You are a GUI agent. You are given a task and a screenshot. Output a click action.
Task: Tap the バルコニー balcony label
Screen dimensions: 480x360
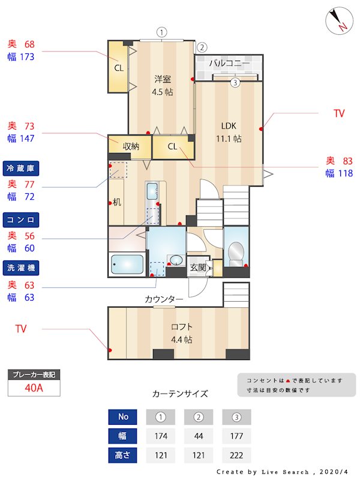230,63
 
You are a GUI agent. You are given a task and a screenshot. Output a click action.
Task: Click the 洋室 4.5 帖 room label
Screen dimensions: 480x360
163,85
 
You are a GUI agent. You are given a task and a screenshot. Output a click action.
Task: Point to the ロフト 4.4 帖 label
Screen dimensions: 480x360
181,333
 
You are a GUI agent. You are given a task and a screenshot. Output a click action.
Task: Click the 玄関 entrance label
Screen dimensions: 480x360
199,268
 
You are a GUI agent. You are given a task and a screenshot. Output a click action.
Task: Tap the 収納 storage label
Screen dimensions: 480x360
131,146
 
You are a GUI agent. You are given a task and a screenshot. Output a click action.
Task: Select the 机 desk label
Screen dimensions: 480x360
116,202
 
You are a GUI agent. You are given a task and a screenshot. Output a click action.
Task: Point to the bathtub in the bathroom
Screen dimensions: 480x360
127,263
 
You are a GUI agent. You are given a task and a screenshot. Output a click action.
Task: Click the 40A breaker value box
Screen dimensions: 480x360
34,388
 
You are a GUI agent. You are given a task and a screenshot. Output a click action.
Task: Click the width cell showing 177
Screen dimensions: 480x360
236,436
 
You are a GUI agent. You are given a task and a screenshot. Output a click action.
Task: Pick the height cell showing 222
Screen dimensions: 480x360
236,455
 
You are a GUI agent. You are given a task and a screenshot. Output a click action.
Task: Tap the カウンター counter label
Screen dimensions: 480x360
164,299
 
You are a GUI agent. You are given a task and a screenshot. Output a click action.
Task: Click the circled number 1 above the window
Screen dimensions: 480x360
162,32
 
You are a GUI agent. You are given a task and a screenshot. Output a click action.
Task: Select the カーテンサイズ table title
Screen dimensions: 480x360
180,394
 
